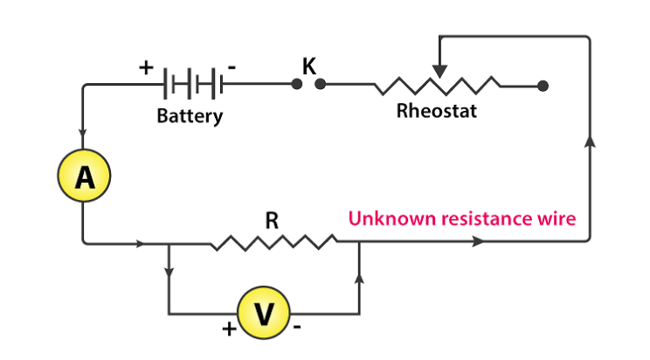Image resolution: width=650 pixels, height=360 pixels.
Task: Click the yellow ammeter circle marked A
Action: (84, 176)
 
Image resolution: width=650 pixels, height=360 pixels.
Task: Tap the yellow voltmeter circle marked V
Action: (264, 313)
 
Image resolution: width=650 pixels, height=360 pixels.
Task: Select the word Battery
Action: (190, 116)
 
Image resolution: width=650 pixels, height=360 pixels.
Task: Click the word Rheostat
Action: (437, 111)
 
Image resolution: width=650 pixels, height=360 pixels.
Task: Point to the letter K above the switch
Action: (309, 66)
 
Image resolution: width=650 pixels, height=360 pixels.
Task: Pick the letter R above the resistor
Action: (272, 220)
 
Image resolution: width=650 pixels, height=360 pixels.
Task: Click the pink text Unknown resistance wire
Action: (462, 218)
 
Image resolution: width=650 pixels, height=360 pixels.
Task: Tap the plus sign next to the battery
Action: (146, 67)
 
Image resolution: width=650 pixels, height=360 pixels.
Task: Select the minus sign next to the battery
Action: (232, 66)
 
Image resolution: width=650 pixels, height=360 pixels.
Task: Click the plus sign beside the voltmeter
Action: (229, 329)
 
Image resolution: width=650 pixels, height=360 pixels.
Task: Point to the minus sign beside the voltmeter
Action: (297, 328)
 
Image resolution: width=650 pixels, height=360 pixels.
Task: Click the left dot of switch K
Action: (296, 84)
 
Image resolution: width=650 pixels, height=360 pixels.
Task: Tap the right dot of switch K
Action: (320, 84)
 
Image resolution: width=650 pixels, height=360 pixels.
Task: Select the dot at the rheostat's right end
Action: (543, 86)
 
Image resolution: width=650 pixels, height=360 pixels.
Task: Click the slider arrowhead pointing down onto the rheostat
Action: (439, 72)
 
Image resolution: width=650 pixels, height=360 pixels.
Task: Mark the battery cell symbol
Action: (193, 84)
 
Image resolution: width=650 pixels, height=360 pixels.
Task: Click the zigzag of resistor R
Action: (273, 242)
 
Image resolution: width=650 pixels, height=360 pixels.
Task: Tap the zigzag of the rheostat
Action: (438, 86)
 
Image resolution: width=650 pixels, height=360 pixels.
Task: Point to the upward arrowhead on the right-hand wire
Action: (590, 141)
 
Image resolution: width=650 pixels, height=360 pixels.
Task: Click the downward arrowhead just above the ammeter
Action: (82, 133)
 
